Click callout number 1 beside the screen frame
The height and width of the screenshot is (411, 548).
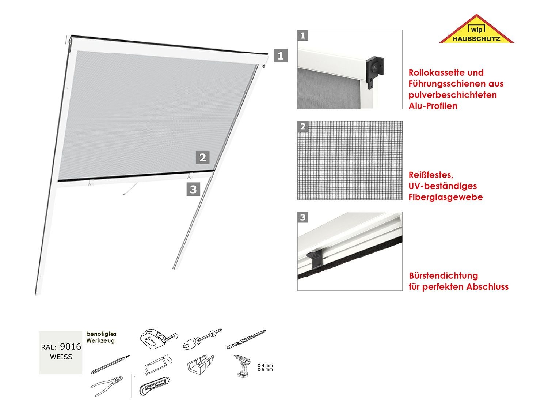[281, 56]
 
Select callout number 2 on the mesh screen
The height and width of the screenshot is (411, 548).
[203, 157]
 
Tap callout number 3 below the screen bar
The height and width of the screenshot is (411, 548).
[193, 189]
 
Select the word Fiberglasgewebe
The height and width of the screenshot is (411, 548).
[446, 197]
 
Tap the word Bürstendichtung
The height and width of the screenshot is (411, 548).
[443, 275]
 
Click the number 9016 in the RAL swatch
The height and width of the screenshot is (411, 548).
[70, 346]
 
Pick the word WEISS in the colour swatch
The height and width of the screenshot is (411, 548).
[61, 357]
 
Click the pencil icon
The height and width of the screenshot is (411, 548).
[110, 364]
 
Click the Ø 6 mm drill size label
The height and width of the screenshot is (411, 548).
[265, 369]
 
